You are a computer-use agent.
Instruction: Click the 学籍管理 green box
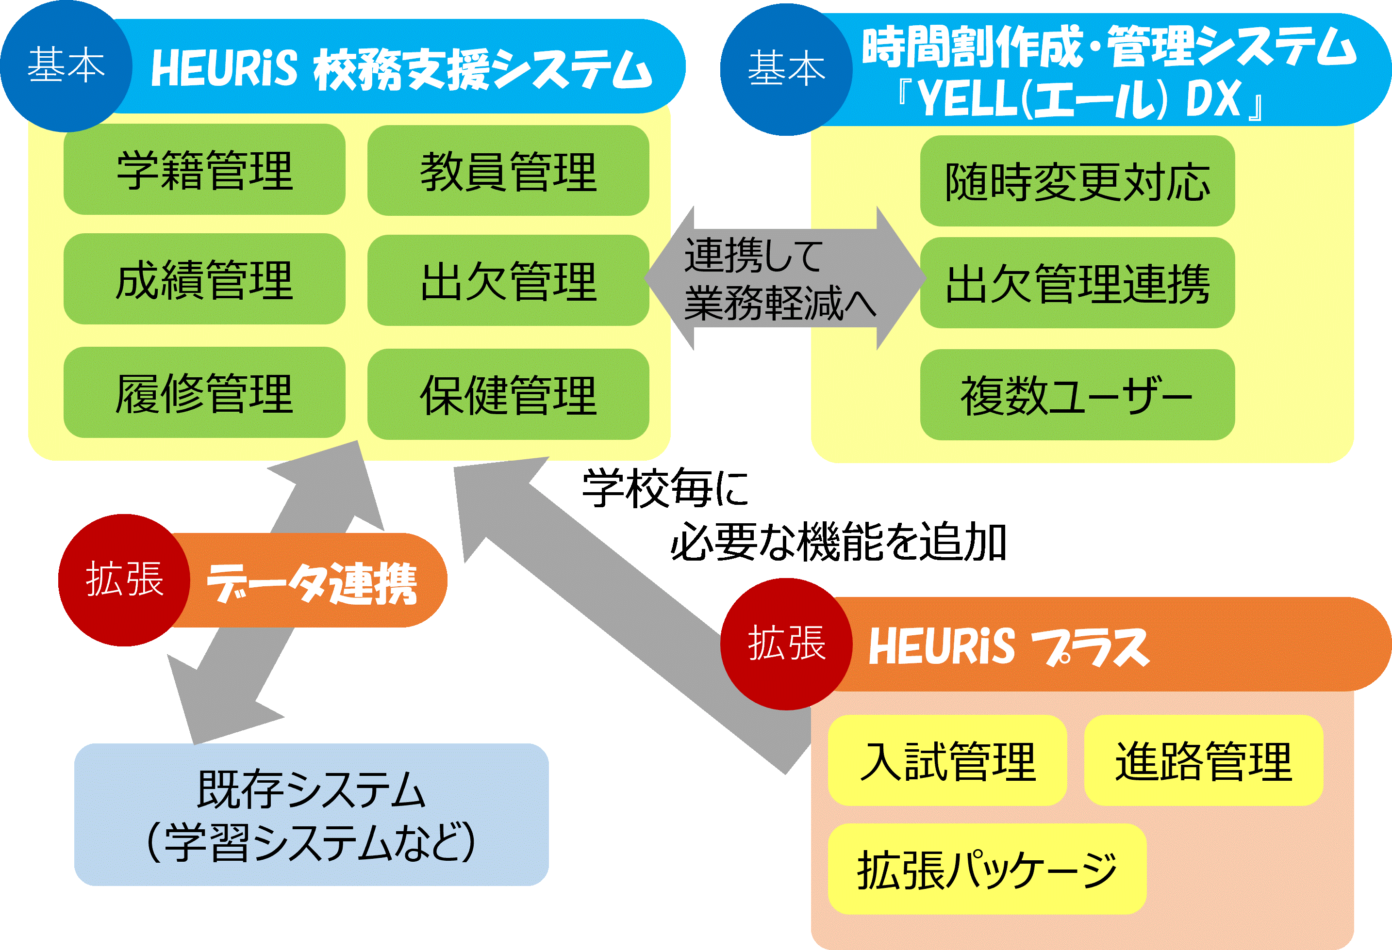pos(204,169)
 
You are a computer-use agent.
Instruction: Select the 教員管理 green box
pos(508,171)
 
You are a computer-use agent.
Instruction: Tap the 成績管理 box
pos(204,279)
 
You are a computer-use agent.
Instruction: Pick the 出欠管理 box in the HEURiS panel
pos(508,280)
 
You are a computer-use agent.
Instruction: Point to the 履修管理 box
pos(204,393)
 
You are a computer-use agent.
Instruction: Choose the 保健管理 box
pos(508,394)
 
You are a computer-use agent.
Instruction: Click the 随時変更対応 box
pos(1077,181)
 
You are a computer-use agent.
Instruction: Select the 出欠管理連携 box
pos(1077,283)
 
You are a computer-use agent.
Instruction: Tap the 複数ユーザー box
pos(1077,395)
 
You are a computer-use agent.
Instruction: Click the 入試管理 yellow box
pos(947,760)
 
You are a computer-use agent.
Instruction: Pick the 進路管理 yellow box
pos(1203,760)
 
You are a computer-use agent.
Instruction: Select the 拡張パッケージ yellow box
pos(987,869)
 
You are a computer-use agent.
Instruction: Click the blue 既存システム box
pos(311,815)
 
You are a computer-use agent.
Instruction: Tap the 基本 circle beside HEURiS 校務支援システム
pos(66,66)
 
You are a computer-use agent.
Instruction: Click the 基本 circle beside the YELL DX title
pos(786,69)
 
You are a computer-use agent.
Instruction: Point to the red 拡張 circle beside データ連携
pos(124,580)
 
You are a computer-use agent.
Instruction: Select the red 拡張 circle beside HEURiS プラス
pos(786,644)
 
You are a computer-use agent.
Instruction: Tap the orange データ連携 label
pos(312,582)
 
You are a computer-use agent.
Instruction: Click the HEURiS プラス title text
pos(1008,646)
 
